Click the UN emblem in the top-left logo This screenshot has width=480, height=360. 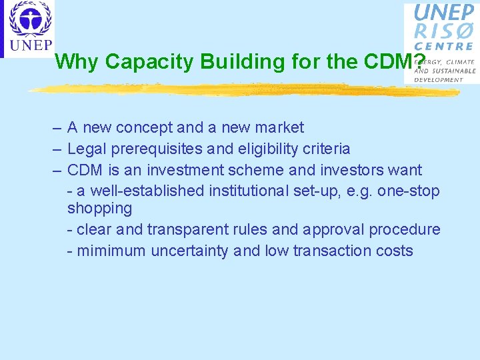(x=29, y=19)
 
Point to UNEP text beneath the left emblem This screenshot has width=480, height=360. (x=29, y=45)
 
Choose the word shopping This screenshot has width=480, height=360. (x=99, y=209)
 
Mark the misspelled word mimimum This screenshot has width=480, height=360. (x=111, y=251)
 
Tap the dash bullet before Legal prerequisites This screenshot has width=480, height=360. (x=58, y=149)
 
